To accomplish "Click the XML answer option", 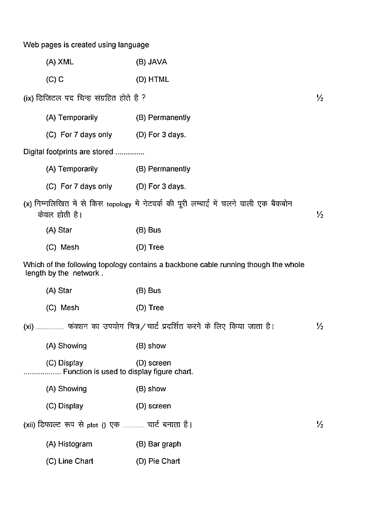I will click(x=60, y=62).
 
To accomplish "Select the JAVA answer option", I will click(x=151, y=62).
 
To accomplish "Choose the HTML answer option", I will click(x=152, y=80).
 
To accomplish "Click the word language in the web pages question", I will click(x=134, y=45).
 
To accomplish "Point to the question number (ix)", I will click(x=28, y=99).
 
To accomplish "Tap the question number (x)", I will click(x=28, y=204).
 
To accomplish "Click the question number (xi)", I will click(x=28, y=327).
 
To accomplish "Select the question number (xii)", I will click(x=29, y=425).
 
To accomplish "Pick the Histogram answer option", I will click(x=69, y=444).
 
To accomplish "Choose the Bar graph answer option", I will click(x=159, y=444).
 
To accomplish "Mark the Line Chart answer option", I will click(x=70, y=461).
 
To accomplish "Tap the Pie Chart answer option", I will click(x=158, y=461).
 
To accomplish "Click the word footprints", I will click(x=65, y=152).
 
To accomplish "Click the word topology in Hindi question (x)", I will click(x=119, y=205).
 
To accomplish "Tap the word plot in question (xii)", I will click(x=93, y=425).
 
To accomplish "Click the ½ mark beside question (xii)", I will click(x=320, y=425).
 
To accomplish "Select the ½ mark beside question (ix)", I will click(x=320, y=98).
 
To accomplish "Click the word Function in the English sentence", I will click(x=77, y=372).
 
